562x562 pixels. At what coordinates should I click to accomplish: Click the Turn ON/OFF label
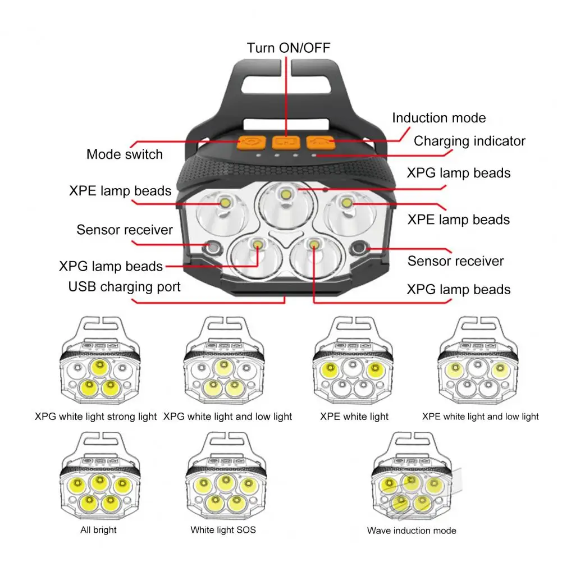coord(289,48)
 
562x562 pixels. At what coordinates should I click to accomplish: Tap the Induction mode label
coord(438,117)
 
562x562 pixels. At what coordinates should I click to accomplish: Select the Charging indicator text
coord(469,141)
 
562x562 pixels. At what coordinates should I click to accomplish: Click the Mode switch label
coord(125,154)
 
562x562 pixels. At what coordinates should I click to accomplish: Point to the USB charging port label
coord(125,287)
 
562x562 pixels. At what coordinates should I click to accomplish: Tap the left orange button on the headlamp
coord(252,143)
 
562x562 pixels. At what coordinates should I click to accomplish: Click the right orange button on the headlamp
coord(321,142)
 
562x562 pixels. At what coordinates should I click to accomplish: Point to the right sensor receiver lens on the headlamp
coord(359,248)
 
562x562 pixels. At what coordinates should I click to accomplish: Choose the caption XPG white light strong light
coord(95,417)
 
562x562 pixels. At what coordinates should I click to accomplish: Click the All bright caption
coord(99,530)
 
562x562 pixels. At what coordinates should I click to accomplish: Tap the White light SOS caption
coord(223,530)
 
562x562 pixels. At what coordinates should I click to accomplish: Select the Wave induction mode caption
coord(412,531)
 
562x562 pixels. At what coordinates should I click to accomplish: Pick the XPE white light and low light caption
coord(480,417)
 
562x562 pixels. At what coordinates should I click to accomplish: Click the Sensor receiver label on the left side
coord(125,230)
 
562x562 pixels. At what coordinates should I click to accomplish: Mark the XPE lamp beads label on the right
coord(459,220)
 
